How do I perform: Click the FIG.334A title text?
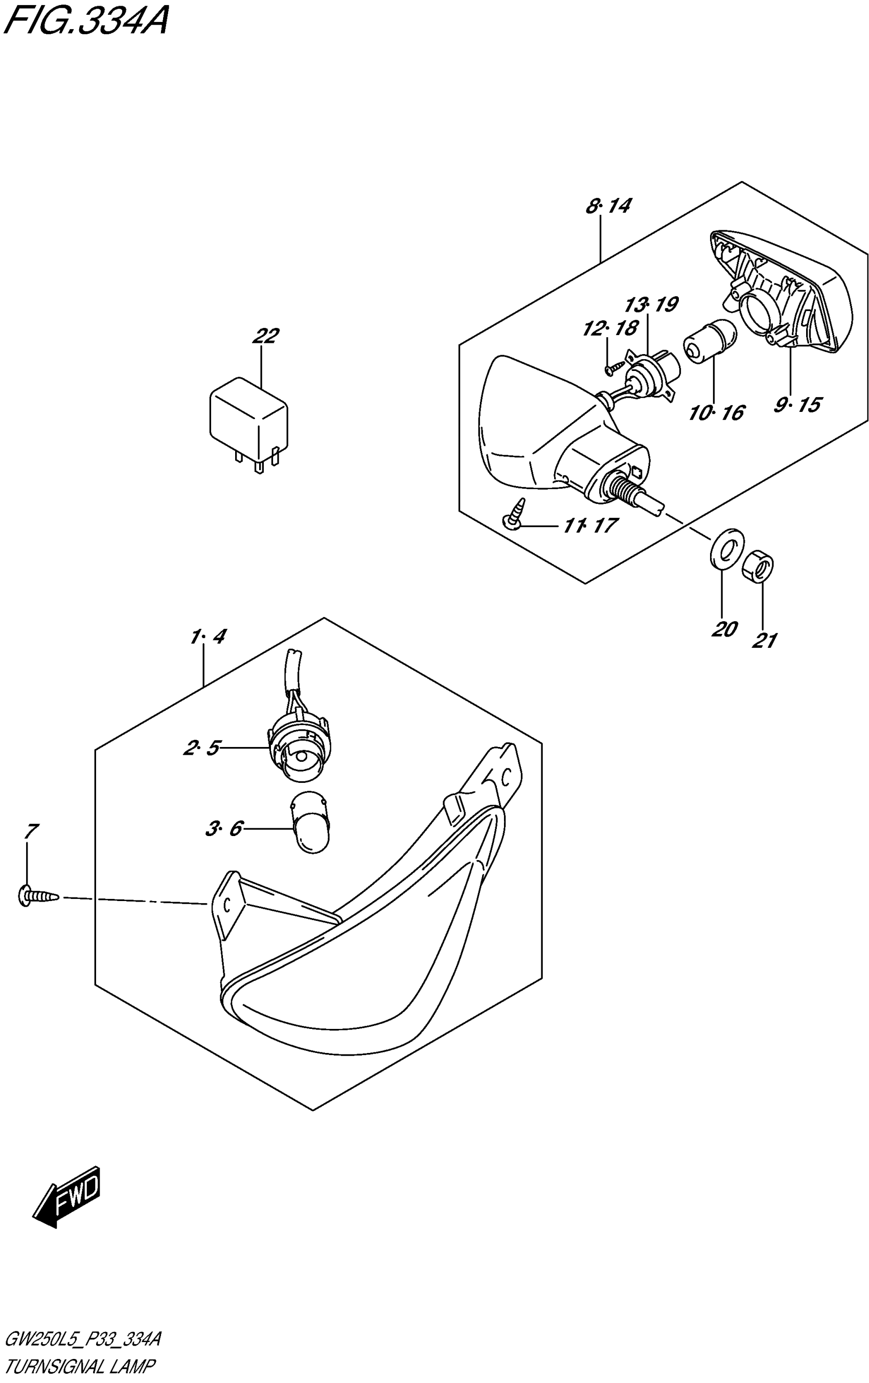(85, 23)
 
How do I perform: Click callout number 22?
(265, 336)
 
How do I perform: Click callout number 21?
(764, 640)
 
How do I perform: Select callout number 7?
(31, 830)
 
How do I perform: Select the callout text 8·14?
(608, 206)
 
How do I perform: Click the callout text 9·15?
(797, 405)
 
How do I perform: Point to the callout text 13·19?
(650, 304)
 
